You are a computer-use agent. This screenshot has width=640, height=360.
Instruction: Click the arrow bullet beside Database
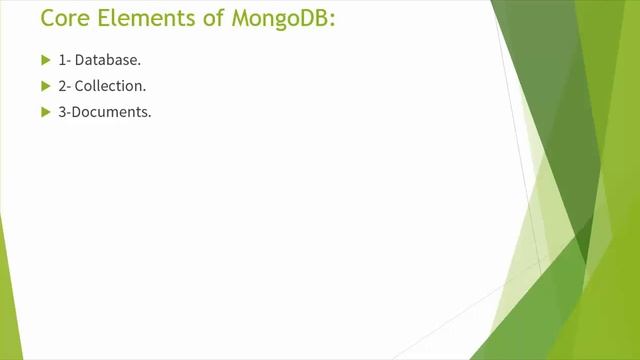click(45, 61)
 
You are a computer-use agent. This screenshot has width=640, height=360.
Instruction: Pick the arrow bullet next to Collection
click(45, 86)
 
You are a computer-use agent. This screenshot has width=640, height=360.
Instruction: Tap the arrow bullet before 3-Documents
click(45, 112)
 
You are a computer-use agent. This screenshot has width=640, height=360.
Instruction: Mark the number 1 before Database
click(62, 61)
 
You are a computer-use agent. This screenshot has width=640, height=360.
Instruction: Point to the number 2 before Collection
click(62, 87)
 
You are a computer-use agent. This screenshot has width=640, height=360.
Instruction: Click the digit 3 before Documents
click(62, 112)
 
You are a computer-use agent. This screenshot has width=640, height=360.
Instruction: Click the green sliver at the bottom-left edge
click(9, 300)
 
